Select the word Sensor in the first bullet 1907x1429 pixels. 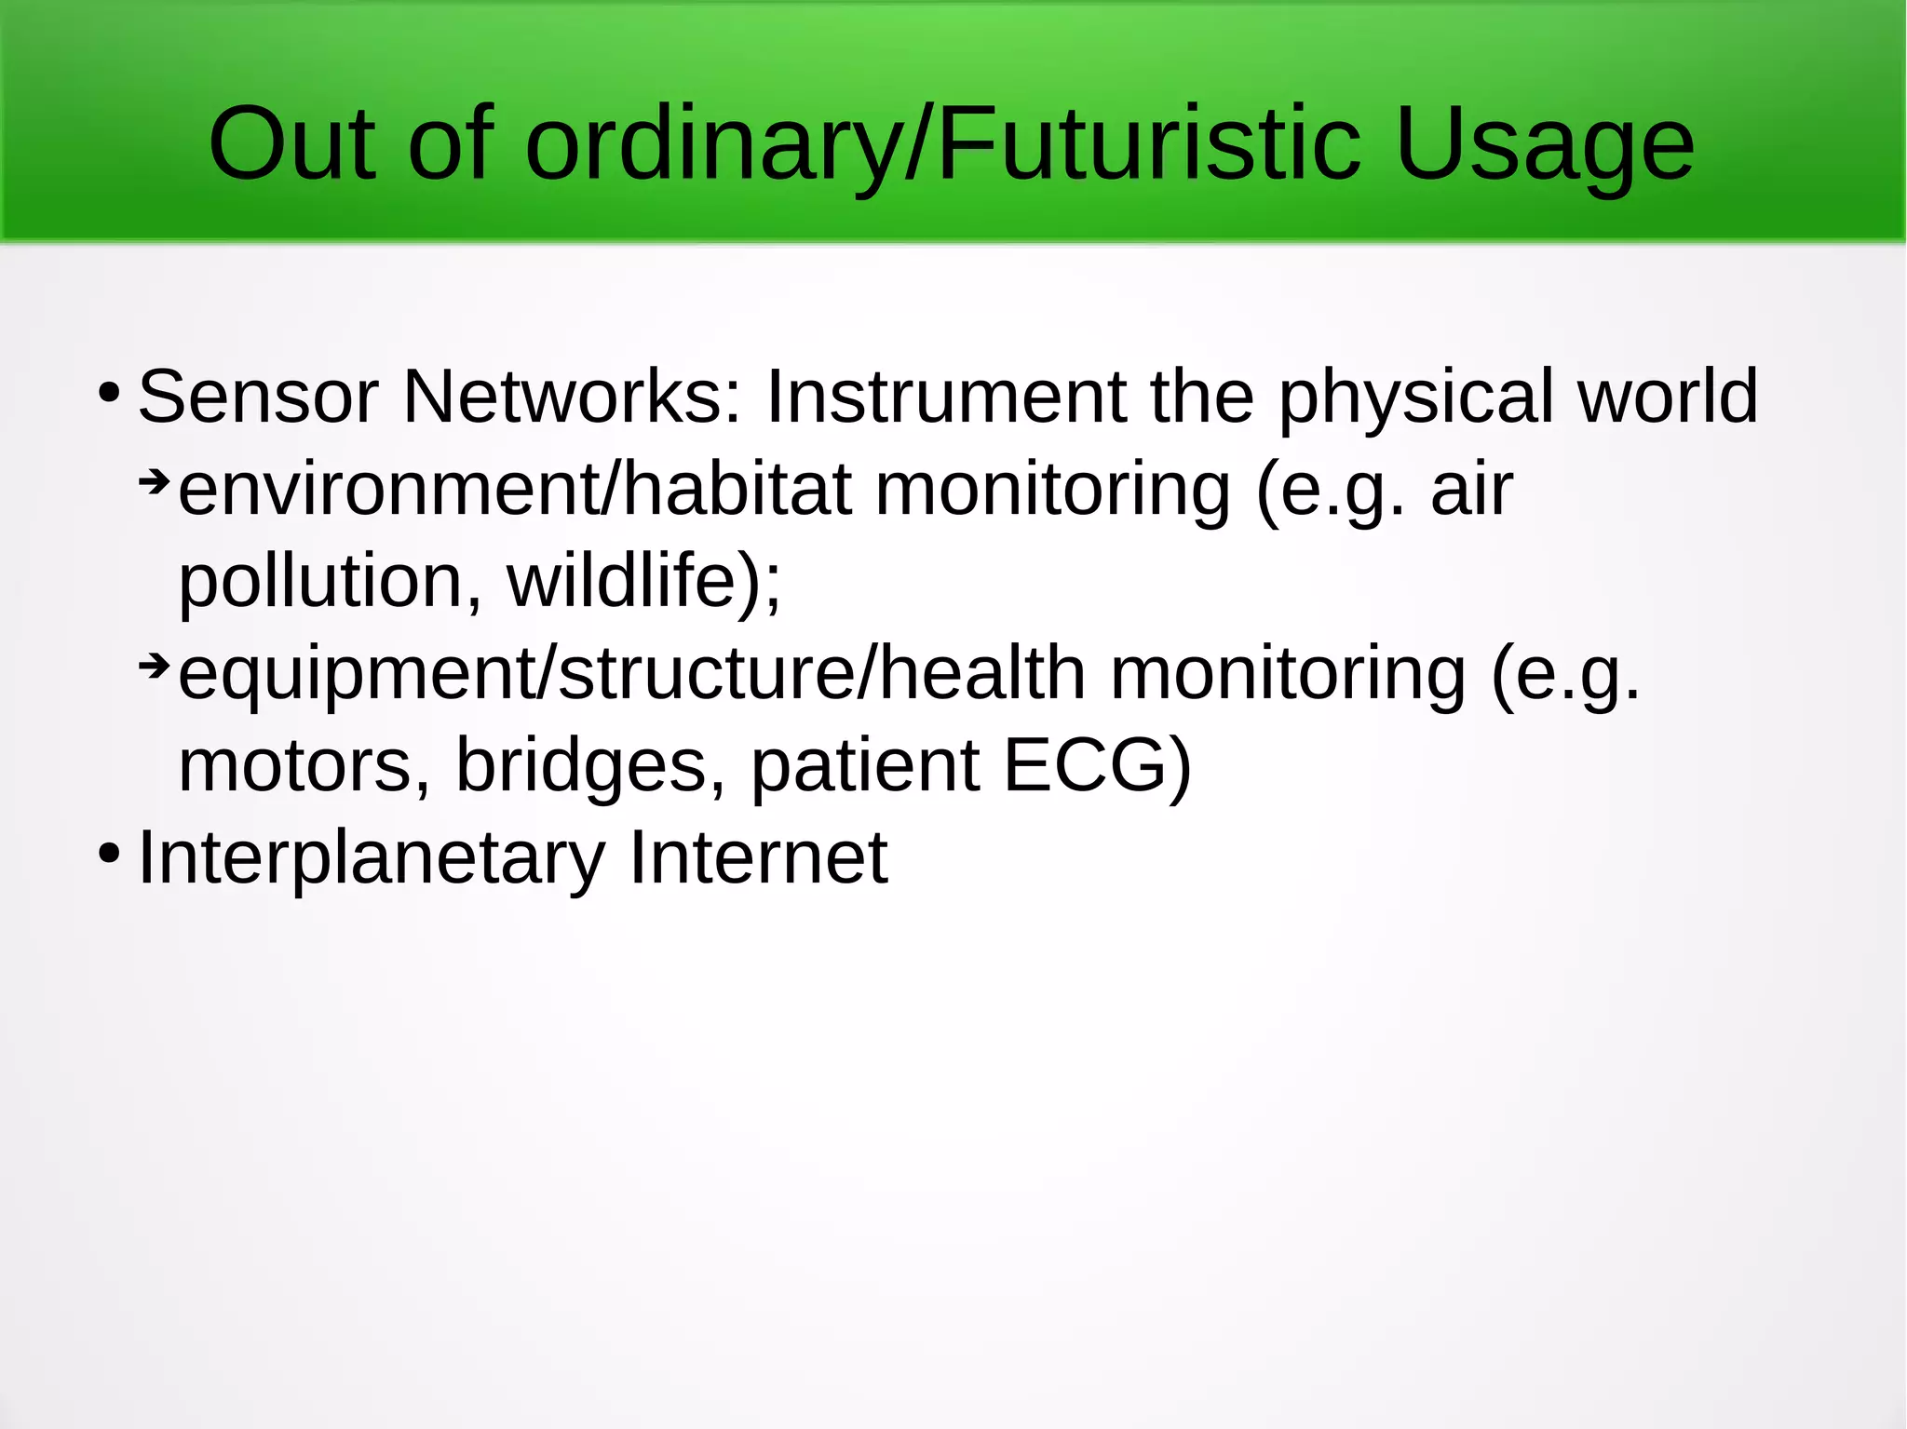coord(258,398)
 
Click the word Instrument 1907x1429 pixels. coord(945,398)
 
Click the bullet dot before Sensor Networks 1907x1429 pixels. coord(109,393)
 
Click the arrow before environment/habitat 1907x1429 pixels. coord(154,482)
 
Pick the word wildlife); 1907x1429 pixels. coord(643,582)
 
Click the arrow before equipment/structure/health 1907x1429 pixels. coord(154,666)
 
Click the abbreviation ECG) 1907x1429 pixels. coord(1097,765)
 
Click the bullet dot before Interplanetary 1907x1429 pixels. coord(109,853)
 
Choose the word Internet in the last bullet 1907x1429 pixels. coord(758,856)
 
